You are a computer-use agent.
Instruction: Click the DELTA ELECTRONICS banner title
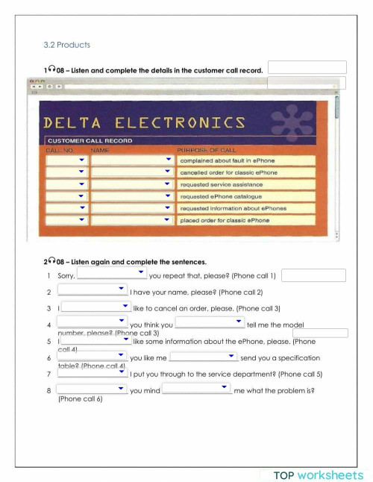click(144, 122)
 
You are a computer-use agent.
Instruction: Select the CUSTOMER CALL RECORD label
click(90, 140)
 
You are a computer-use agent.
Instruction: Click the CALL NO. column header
click(60, 150)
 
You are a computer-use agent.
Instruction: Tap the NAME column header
click(100, 150)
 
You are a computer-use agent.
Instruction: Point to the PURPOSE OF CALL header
click(207, 150)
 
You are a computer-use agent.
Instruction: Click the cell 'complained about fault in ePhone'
click(246, 160)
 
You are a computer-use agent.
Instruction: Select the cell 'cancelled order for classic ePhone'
click(246, 172)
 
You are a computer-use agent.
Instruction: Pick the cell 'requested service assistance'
click(246, 184)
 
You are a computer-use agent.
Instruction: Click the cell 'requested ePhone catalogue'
click(246, 196)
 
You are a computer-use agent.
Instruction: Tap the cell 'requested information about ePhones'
click(246, 208)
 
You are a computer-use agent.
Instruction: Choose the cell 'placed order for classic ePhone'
click(246, 220)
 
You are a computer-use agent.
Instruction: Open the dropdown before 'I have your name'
click(92, 289)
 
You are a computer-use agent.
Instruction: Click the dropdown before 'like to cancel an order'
click(96, 306)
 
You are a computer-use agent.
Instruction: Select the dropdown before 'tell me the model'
click(210, 322)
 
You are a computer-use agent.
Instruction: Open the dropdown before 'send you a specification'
click(204, 357)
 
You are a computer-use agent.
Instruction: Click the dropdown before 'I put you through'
click(92, 372)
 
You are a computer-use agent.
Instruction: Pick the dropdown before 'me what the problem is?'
click(196, 389)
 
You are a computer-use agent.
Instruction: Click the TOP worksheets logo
click(318, 475)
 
